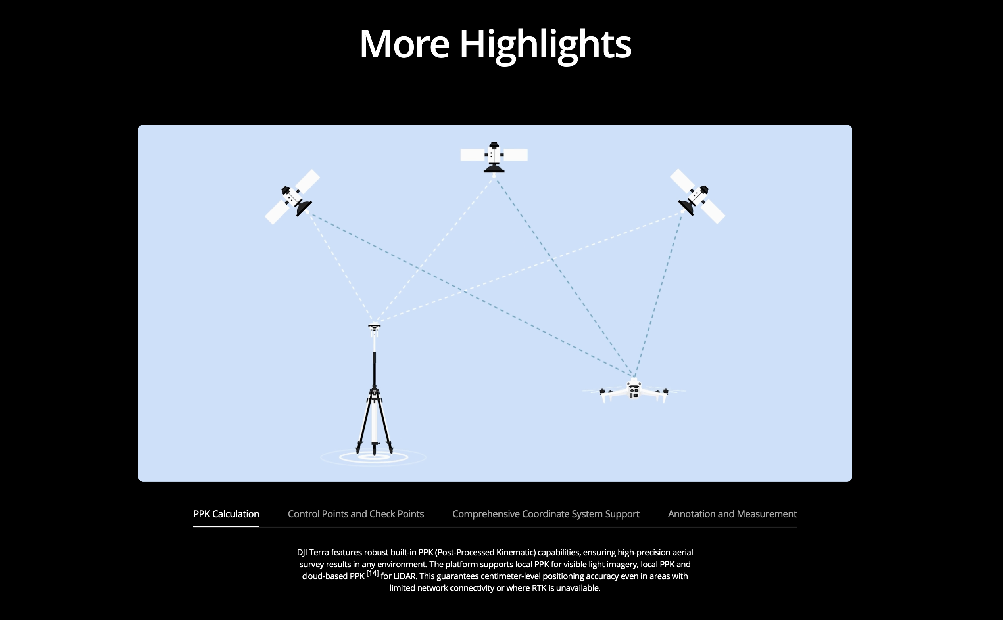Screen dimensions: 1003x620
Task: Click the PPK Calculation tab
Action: click(x=226, y=514)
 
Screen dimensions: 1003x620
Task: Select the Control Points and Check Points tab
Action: click(x=356, y=514)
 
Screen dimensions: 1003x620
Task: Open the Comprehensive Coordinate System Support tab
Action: click(x=546, y=514)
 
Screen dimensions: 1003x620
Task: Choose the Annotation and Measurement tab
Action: click(x=732, y=514)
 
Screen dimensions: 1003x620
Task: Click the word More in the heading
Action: click(x=405, y=44)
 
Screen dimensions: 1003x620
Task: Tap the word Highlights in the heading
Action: click(x=546, y=45)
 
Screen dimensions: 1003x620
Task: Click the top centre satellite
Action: click(x=494, y=157)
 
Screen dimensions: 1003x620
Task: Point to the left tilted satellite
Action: click(x=292, y=197)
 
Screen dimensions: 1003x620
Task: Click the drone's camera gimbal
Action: click(x=634, y=393)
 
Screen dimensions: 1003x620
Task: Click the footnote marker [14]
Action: click(x=373, y=573)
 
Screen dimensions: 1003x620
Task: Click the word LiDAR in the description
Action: click(x=405, y=576)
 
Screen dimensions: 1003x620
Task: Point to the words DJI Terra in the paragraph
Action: click(x=313, y=552)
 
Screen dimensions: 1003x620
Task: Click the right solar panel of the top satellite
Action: click(x=515, y=155)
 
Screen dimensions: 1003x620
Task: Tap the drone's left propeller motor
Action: click(x=602, y=392)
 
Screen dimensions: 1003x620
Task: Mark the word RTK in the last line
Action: click(x=539, y=588)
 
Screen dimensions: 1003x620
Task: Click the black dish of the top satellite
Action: click(x=494, y=168)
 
